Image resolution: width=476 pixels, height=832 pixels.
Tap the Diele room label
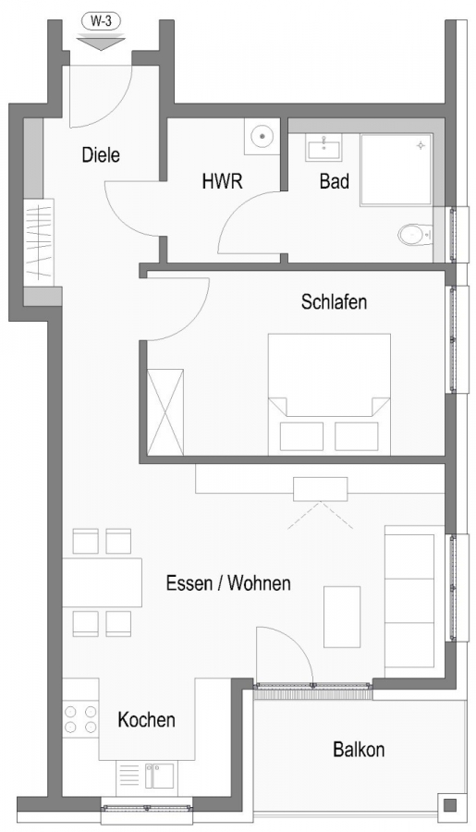coord(101,155)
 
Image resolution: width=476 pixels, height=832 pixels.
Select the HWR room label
coord(222,181)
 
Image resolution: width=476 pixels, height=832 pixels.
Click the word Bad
coord(334,181)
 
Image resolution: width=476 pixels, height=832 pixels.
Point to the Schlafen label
coord(334,301)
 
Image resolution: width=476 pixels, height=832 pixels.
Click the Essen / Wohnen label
coord(228,583)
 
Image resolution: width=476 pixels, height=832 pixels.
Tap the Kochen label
coord(147,719)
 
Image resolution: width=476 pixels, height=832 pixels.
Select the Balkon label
coord(359,749)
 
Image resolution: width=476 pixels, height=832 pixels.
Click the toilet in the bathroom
coord(415,235)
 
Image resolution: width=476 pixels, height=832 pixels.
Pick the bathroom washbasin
coord(324,148)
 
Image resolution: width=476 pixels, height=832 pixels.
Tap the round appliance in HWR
coord(263,137)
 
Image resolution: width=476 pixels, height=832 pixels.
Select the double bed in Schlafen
coord(328,393)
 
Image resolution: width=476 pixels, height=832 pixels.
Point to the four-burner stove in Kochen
coord(80,719)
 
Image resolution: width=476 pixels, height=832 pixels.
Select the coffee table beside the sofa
coord(342,616)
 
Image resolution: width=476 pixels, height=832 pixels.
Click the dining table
coord(102,582)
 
